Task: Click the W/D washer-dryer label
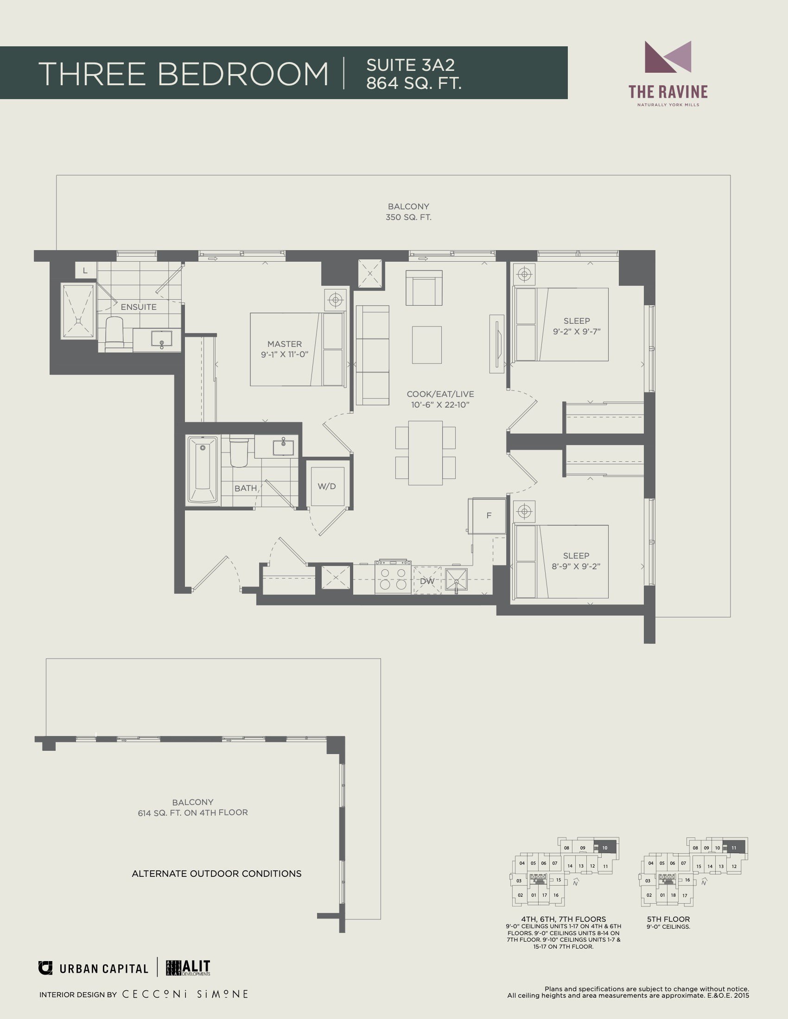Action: coord(327,486)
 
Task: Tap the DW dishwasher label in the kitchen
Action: coord(427,581)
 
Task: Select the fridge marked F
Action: coord(488,516)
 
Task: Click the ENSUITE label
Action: coord(139,307)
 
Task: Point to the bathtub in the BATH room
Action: coord(202,469)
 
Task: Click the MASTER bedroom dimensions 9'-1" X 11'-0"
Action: coord(285,355)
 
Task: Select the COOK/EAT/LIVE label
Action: coord(440,394)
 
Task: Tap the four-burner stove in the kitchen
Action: coord(393,578)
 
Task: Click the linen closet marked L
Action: coord(85,270)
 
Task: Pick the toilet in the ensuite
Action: coord(114,333)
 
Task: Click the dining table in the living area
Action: coord(425,453)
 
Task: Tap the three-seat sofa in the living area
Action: coord(373,356)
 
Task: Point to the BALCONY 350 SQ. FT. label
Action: coord(408,212)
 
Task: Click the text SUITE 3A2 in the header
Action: coord(410,65)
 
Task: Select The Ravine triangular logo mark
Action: coord(668,57)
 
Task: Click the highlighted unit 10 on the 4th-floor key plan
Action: coord(605,848)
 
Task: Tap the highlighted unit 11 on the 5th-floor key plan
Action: coord(734,848)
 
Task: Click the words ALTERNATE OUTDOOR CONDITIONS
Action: coord(216,874)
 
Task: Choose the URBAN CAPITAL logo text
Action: coord(104,969)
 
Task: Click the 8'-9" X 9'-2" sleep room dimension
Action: coord(576,566)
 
